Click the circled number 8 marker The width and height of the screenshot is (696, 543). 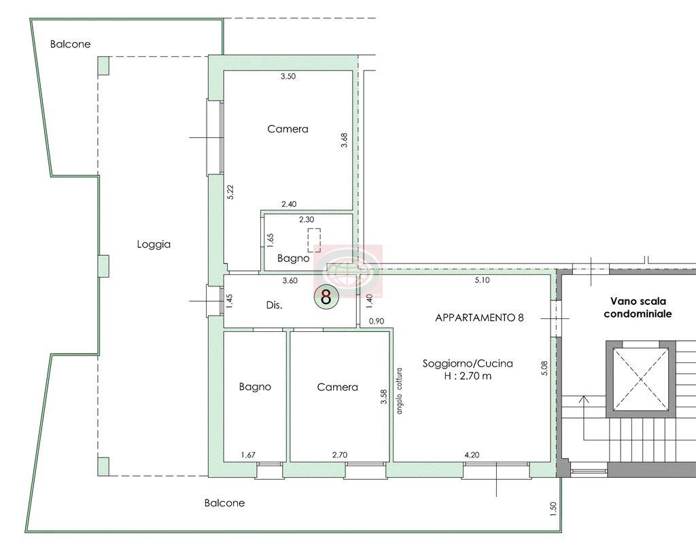point(326,297)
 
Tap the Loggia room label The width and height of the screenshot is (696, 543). point(154,244)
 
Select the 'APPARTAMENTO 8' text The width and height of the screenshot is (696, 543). point(479,318)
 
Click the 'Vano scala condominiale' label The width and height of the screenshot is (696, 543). point(638,307)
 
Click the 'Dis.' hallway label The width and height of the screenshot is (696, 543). point(275,305)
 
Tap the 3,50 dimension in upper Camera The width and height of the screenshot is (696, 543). point(288,76)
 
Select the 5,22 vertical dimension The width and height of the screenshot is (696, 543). point(230,191)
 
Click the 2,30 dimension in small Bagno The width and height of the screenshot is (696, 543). point(307,219)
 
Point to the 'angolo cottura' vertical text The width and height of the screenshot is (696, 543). point(400,391)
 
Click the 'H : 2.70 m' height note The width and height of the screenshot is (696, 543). point(468,376)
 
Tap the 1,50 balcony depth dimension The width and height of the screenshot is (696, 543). point(553,508)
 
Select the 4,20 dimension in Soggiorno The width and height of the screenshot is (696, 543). point(472,455)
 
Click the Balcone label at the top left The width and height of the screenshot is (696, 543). point(70,44)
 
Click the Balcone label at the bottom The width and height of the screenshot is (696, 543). point(224,503)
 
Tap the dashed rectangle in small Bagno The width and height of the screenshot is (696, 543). point(315,240)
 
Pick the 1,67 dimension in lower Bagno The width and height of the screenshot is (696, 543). point(248,455)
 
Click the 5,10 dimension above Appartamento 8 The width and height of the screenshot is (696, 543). point(483,280)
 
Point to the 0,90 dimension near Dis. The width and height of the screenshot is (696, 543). point(377,321)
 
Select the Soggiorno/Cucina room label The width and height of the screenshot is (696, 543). point(468,364)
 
